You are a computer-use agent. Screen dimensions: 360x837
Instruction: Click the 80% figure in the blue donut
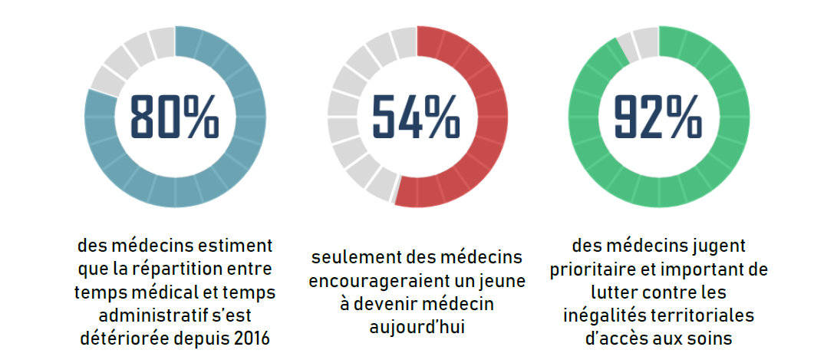point(174,117)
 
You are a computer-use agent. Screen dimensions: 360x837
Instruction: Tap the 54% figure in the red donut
point(416,117)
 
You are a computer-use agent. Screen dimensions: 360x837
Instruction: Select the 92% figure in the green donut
point(657,117)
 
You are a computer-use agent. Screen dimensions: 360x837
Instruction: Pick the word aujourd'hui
point(417,327)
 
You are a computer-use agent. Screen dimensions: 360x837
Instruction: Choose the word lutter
point(614,293)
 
